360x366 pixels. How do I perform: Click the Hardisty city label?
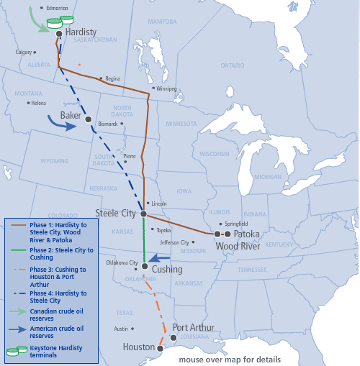[81, 33]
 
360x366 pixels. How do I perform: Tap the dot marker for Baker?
[88, 119]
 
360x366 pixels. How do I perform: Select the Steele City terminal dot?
[143, 214]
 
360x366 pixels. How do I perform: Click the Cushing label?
[168, 270]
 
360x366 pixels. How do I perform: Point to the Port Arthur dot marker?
[174, 337]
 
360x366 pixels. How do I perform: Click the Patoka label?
[246, 234]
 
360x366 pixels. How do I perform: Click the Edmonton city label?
[57, 8]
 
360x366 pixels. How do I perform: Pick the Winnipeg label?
[166, 88]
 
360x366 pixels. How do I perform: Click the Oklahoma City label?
[122, 262]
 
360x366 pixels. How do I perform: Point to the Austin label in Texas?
[120, 329]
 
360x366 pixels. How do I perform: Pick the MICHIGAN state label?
[268, 176]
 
